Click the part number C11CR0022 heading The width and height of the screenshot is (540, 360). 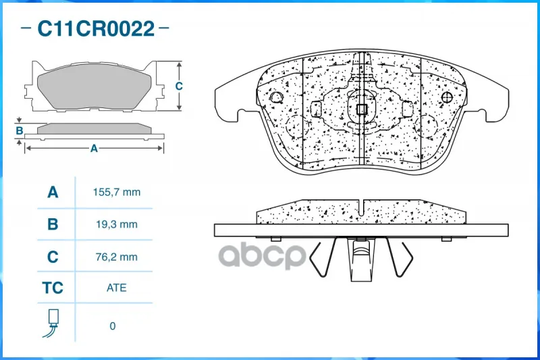(x=96, y=28)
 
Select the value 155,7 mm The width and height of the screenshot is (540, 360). (x=116, y=192)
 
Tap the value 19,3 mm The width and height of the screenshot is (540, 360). (x=116, y=225)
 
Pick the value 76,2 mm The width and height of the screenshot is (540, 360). (x=116, y=257)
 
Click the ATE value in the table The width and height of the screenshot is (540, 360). (x=116, y=288)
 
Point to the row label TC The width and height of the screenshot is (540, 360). (x=53, y=288)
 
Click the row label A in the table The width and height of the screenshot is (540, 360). (x=53, y=192)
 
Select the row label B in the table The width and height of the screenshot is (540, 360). (x=53, y=224)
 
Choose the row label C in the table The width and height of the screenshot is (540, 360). (x=53, y=257)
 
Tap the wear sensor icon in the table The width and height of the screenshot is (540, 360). (x=52, y=323)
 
